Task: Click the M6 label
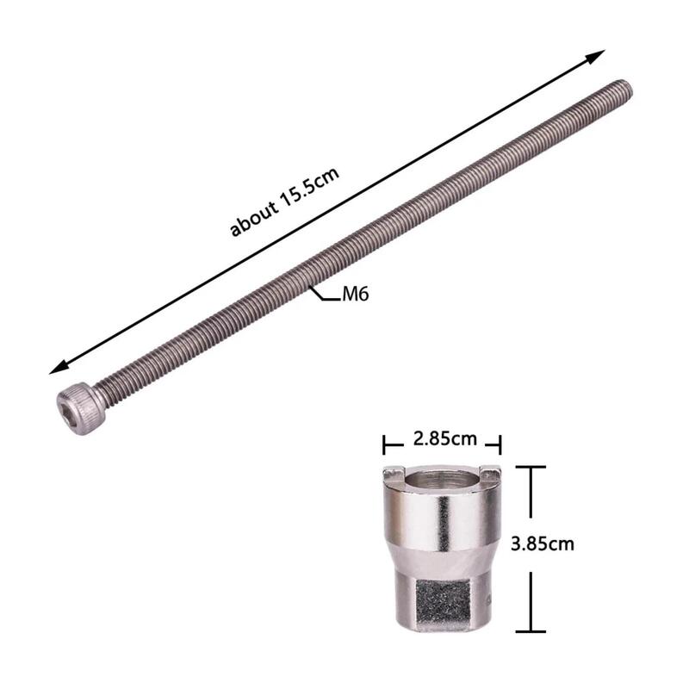(355, 294)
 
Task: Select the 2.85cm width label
(444, 438)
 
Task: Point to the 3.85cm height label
(543, 544)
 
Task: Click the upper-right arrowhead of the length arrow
(596, 57)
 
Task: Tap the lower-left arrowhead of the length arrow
(59, 368)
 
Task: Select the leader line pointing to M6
(325, 295)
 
